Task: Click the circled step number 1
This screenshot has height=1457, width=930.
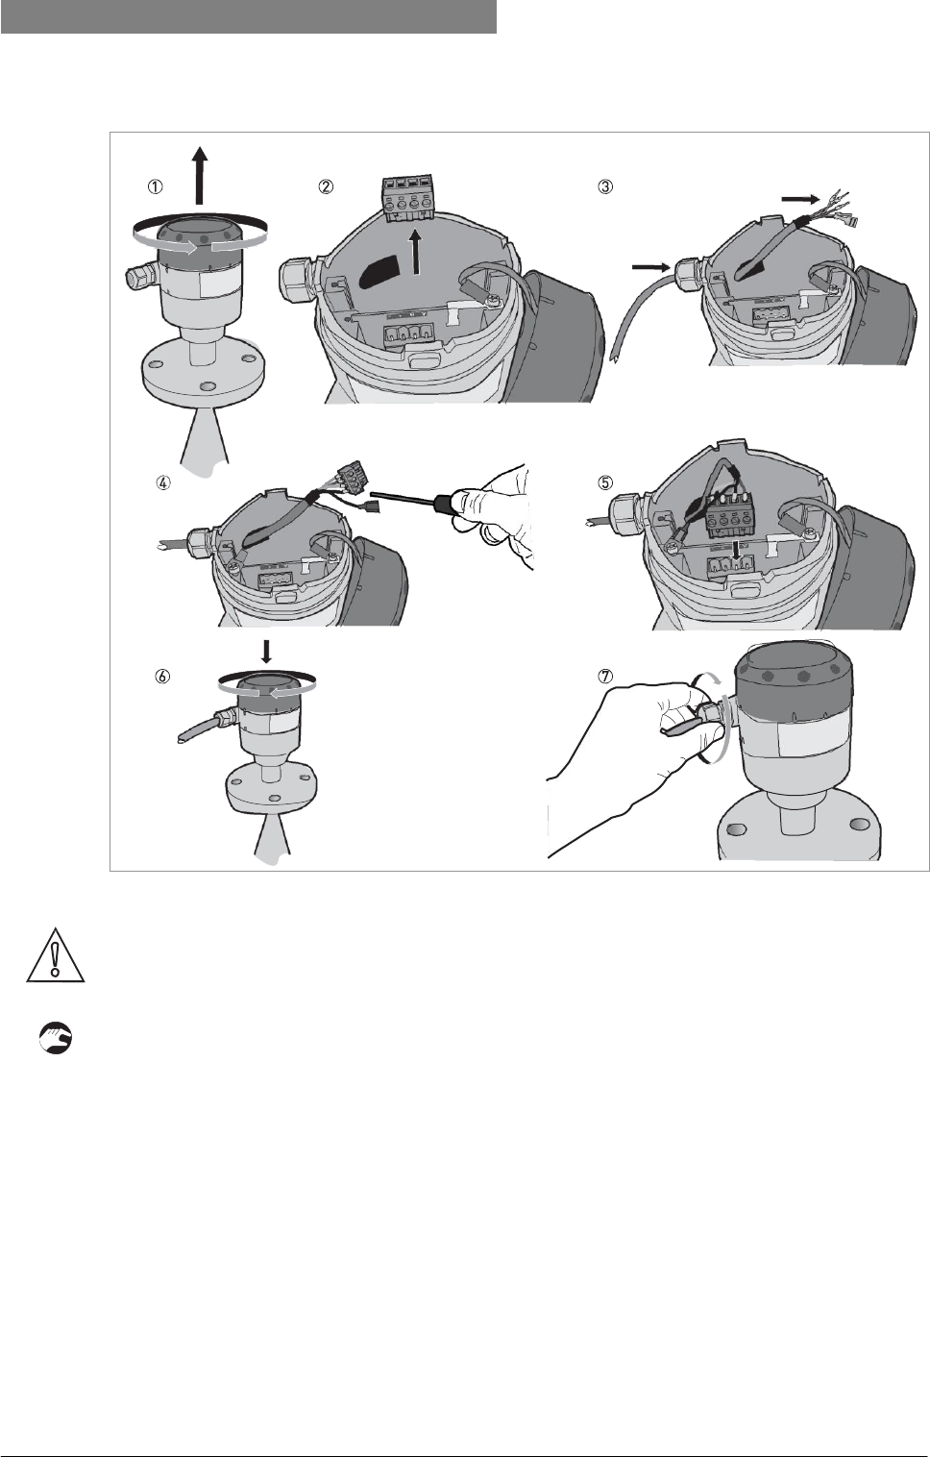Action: point(155,186)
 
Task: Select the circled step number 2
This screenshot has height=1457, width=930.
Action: point(325,186)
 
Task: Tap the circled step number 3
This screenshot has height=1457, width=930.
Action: point(605,186)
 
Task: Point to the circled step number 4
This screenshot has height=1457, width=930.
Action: point(163,482)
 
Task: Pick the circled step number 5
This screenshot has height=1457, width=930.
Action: point(605,482)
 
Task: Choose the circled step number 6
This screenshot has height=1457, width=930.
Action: point(162,677)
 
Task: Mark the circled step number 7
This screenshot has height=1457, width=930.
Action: point(605,677)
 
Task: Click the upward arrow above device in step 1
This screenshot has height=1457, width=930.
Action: point(200,175)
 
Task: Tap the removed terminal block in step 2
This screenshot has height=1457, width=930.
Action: point(406,197)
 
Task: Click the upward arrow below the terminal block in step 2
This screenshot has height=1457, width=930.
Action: point(417,254)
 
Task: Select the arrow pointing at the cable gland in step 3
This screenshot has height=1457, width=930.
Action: point(651,266)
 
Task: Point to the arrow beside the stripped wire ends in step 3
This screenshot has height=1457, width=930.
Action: point(800,198)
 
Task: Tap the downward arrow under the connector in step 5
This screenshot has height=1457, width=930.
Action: point(736,551)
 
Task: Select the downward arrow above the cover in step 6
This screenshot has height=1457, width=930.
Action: point(266,651)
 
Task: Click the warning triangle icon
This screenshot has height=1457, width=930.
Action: point(56,955)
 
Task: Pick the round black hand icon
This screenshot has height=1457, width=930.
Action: point(56,1038)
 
